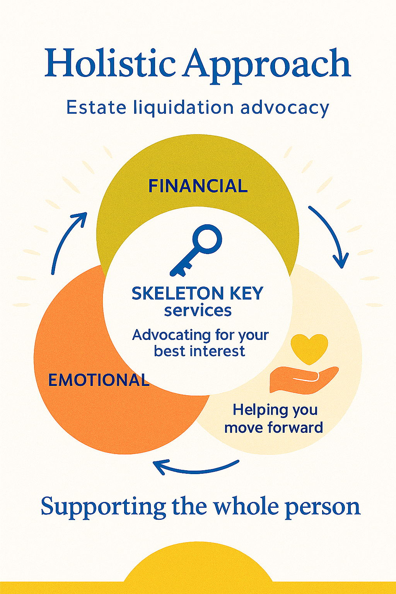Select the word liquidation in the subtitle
point(183,108)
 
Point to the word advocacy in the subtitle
point(285,108)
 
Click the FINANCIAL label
point(198,186)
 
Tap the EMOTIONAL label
point(99,380)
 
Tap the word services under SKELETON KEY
point(198,311)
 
